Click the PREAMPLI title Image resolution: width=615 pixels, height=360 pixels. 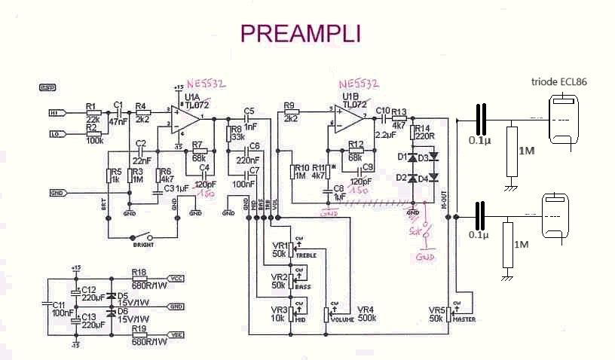pos(300,33)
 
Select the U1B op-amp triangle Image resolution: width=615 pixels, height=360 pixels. pos(349,118)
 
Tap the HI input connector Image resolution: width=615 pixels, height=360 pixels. pos(57,113)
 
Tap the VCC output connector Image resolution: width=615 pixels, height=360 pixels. pos(175,278)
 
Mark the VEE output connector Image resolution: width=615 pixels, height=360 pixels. pos(175,335)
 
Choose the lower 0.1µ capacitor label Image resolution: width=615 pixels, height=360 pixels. pos(479,235)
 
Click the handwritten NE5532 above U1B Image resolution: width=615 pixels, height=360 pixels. pos(359,84)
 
